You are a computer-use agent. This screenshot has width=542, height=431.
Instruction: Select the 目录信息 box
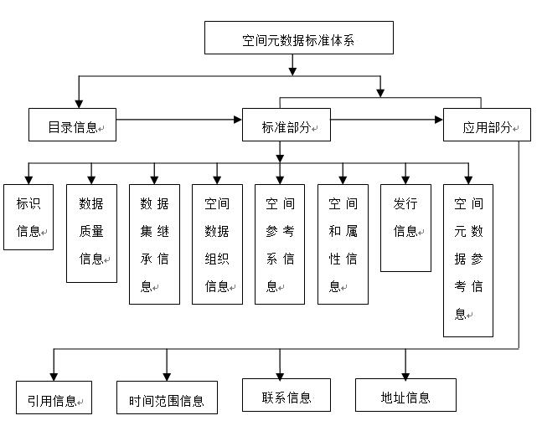(72, 126)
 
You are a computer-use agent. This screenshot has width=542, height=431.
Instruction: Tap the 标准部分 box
(286, 126)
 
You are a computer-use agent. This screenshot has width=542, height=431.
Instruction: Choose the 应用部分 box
(487, 126)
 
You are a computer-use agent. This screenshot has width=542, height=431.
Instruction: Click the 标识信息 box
(28, 217)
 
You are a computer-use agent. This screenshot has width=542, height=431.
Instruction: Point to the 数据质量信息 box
(91, 232)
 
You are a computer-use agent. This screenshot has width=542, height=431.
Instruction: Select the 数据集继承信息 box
(154, 244)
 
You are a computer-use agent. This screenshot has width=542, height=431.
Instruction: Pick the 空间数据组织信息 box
(217, 244)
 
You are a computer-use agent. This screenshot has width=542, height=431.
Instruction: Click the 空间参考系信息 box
(280, 244)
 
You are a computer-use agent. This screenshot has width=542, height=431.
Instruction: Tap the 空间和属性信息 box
(343, 244)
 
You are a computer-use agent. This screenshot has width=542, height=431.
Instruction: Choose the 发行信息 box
(405, 228)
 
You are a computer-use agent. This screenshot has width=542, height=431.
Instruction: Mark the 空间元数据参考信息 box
(468, 259)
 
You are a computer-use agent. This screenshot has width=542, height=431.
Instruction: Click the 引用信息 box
(54, 398)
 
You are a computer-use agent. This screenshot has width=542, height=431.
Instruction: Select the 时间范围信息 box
(167, 398)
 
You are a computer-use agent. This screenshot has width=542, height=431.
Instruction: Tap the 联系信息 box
(286, 395)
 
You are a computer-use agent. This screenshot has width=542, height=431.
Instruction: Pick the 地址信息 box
(405, 395)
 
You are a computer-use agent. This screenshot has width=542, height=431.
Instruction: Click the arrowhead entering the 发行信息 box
(405, 179)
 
